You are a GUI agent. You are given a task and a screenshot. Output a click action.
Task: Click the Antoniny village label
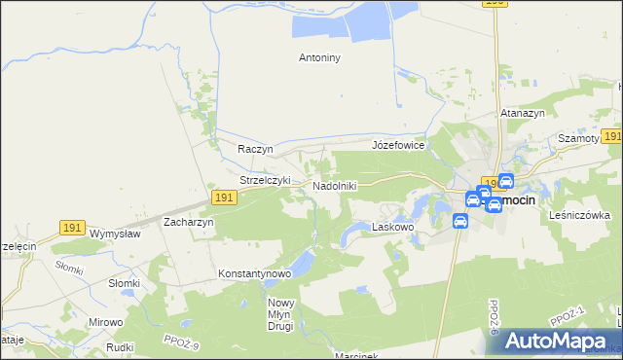pyautogui.click(x=318, y=57)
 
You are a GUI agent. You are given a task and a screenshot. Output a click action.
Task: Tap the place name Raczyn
pyautogui.click(x=256, y=149)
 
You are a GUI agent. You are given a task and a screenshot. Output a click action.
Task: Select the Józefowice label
pyautogui.click(x=398, y=145)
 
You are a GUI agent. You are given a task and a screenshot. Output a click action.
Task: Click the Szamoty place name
pyautogui.click(x=578, y=139)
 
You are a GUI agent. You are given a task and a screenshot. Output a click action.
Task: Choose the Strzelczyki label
pyautogui.click(x=266, y=180)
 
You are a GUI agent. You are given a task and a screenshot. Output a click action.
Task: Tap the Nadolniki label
pyautogui.click(x=335, y=185)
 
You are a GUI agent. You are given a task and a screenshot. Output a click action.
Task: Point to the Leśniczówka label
pyautogui.click(x=579, y=215)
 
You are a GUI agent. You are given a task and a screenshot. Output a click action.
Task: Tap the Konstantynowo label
pyautogui.click(x=255, y=273)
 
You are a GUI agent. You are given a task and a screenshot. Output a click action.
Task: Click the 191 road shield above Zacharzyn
pyautogui.click(x=224, y=198)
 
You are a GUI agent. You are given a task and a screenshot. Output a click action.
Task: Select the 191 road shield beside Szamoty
pyautogui.click(x=611, y=137)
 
